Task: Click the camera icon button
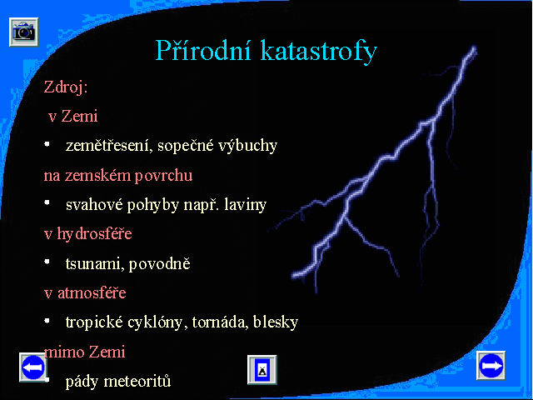click(x=24, y=32)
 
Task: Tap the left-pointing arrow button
click(x=33, y=367)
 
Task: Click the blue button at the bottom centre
click(x=262, y=370)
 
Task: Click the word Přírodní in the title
click(x=203, y=51)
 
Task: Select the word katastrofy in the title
click(x=319, y=52)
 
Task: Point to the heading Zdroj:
click(x=66, y=87)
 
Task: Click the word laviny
click(x=245, y=205)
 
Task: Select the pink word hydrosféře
click(x=94, y=234)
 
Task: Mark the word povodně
click(x=159, y=264)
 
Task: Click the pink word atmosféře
click(x=92, y=292)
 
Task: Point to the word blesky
click(x=276, y=322)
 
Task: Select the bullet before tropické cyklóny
click(x=47, y=321)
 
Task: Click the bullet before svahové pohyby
click(x=47, y=203)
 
